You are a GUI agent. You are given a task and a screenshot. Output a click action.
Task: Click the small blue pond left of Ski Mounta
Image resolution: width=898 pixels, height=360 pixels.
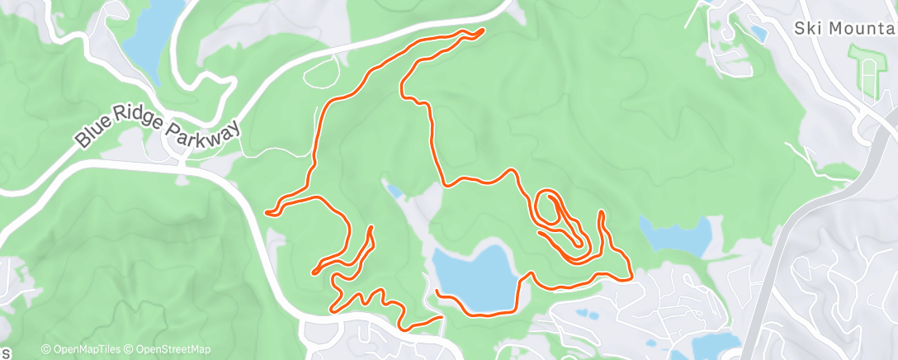click(x=757, y=34)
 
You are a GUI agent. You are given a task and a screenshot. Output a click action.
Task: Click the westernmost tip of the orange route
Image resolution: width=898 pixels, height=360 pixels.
click(x=267, y=212)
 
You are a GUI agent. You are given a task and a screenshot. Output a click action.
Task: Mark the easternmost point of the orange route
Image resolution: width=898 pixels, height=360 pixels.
click(x=631, y=278)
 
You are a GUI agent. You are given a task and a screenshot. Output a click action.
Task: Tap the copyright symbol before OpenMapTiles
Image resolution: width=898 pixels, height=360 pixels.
click(x=45, y=349)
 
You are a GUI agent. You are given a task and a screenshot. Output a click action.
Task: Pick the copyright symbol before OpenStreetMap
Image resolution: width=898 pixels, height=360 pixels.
click(x=131, y=349)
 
